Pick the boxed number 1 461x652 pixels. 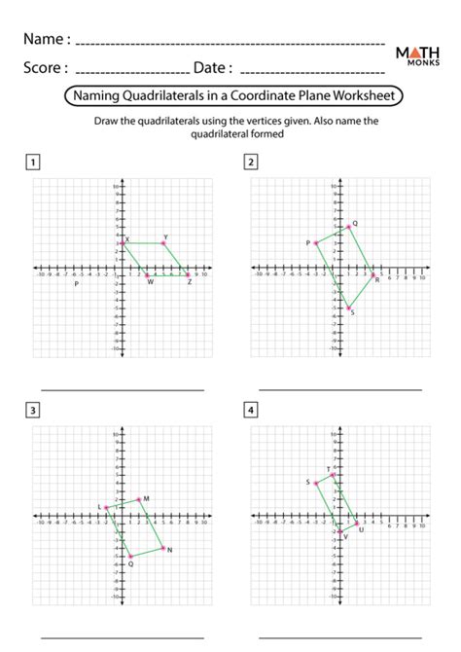click(34, 162)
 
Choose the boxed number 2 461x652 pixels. click(252, 162)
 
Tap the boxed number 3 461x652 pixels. click(34, 410)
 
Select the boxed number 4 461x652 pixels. click(252, 410)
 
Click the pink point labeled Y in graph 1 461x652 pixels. click(163, 242)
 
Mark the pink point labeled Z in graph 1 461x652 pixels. click(189, 275)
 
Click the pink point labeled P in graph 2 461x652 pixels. click(316, 242)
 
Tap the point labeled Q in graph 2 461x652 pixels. click(348, 227)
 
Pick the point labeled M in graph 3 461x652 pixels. click(139, 499)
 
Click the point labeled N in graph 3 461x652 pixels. click(163, 548)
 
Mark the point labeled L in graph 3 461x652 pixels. click(106, 508)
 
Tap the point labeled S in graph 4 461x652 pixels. click(316, 483)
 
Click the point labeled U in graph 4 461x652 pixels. click(356, 524)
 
